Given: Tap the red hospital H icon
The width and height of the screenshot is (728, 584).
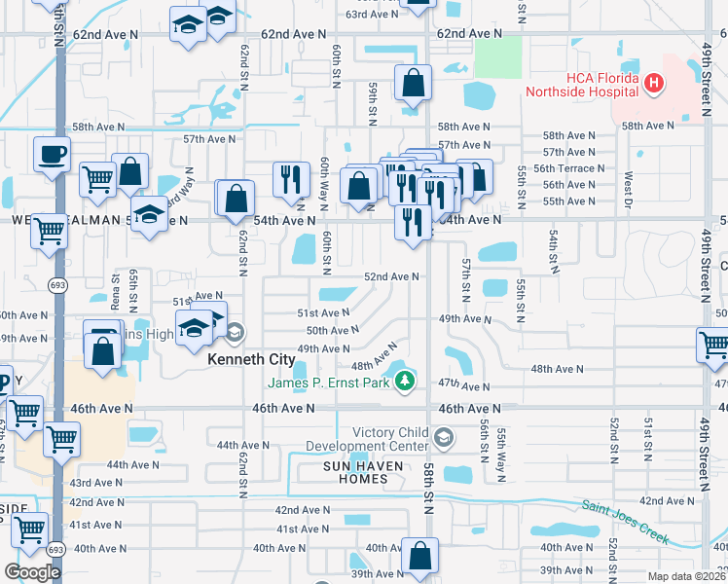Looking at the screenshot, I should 654,86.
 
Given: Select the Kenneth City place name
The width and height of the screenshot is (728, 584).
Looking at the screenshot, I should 251,359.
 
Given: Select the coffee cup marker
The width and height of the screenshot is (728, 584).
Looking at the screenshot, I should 51,154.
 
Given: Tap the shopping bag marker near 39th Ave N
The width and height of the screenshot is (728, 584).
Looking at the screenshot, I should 419,557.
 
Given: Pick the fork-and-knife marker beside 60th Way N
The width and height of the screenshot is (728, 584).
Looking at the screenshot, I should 291,179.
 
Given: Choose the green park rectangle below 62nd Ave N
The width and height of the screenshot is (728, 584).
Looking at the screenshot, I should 497,57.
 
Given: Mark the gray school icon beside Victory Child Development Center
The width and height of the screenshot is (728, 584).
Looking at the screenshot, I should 445,437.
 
